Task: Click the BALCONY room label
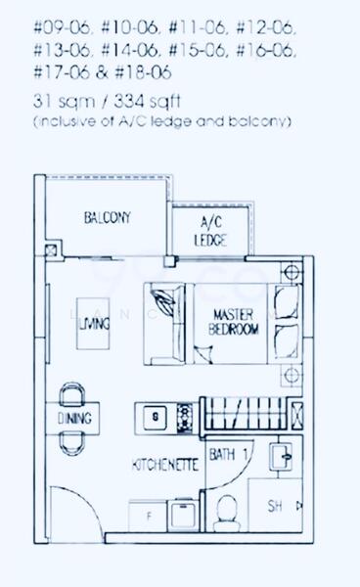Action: (x=108, y=216)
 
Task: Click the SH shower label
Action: (x=275, y=508)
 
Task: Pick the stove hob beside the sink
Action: (x=183, y=419)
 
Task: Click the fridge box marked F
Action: (x=148, y=513)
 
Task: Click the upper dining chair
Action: (x=73, y=394)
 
